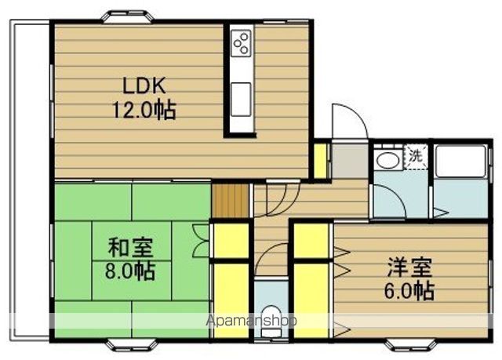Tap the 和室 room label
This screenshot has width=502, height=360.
pos(130,247)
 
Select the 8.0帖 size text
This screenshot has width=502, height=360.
pos(130,272)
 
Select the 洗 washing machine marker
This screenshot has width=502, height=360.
pos(416,155)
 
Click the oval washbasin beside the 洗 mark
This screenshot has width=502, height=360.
pos(386,160)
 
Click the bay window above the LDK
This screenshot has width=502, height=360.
pos(129,16)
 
